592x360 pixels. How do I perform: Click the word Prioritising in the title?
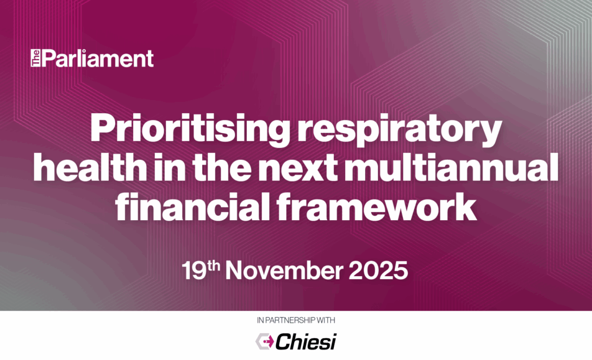point(190,129)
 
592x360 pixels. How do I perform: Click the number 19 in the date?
point(194,270)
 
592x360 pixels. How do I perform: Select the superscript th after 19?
point(213,265)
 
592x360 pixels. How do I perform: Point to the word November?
point(284,270)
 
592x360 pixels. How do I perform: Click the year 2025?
point(378,270)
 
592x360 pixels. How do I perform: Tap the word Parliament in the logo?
point(98,58)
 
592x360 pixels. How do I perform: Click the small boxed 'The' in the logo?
point(35,58)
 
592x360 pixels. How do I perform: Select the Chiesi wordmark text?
point(305,341)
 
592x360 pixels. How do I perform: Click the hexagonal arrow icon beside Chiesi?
point(265,341)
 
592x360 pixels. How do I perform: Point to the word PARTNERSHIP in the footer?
point(290,320)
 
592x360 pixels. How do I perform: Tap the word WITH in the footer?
point(326,320)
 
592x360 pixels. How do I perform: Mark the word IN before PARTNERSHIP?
point(261,320)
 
